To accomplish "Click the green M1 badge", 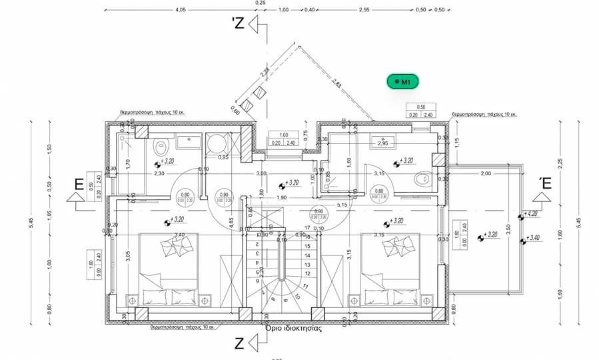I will pos(402,81).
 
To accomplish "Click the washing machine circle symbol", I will pos(217,145).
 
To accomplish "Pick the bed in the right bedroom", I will pos(390,269).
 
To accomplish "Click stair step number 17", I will pos(307,228).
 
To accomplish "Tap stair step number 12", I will pos(307,273).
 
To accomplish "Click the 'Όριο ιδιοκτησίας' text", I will pos(294,328).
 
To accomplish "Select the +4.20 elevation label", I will pos(531,214).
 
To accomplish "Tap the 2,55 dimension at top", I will pos(364,10).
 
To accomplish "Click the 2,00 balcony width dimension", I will pos(485,173).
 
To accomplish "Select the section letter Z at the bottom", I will pos(239,344).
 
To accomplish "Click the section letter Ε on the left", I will pos(79,185).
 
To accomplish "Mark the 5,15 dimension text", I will pos(342,205).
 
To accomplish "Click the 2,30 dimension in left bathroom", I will pos(159,173).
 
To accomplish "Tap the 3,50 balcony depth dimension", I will pos(508,228).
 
